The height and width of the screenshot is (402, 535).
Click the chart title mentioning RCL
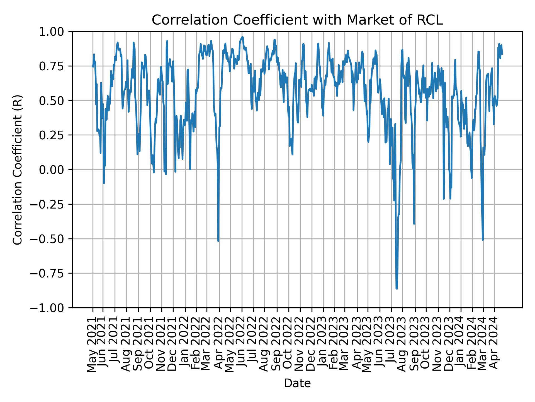click(x=297, y=20)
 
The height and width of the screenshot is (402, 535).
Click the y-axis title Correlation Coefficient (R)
click(x=18, y=169)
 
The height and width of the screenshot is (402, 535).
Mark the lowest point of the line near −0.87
click(x=397, y=289)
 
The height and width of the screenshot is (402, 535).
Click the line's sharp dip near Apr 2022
click(x=218, y=241)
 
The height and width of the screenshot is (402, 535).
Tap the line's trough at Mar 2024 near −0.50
click(x=483, y=240)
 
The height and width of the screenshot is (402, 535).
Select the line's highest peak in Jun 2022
click(x=242, y=37)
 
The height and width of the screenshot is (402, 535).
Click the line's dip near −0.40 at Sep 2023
click(x=414, y=224)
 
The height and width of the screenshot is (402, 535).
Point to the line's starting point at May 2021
click(x=93, y=66)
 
